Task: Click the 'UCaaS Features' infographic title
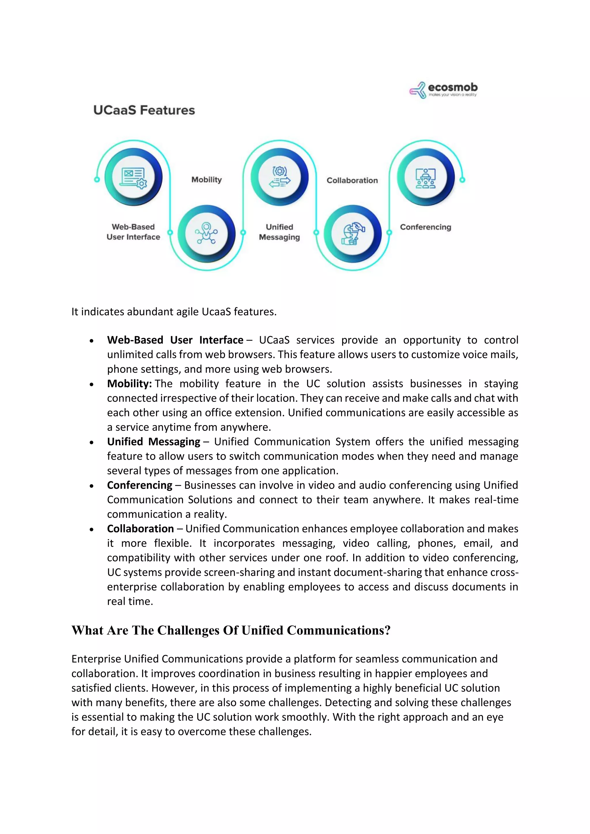click(x=144, y=110)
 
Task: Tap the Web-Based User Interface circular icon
click(x=133, y=177)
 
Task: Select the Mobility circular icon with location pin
click(x=206, y=234)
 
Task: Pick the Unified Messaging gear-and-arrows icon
click(x=279, y=177)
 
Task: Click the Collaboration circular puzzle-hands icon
click(x=352, y=234)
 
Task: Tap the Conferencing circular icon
click(x=426, y=177)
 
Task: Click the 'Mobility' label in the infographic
click(x=206, y=179)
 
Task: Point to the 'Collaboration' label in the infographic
click(x=352, y=180)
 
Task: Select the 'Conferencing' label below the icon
click(x=426, y=227)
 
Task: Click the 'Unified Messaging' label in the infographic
click(x=279, y=232)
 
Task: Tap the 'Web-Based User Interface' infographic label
click(x=133, y=232)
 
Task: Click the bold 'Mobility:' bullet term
click(x=129, y=384)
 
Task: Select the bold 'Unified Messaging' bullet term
click(x=153, y=442)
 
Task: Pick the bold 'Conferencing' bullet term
click(x=139, y=485)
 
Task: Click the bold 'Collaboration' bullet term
click(x=140, y=529)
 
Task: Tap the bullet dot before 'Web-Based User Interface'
click(x=92, y=341)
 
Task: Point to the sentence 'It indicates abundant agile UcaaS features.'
click(x=174, y=312)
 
